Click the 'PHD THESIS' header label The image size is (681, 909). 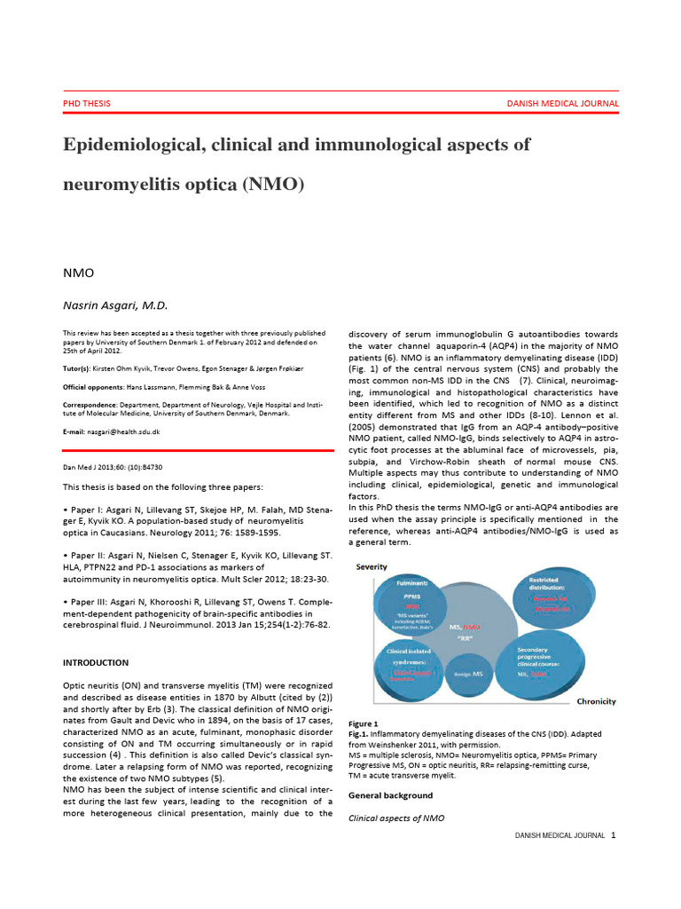tap(86, 103)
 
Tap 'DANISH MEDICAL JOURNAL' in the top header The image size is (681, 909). tap(562, 103)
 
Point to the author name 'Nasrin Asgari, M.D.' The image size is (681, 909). tap(114, 305)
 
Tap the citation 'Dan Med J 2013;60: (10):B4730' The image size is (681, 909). tap(113, 467)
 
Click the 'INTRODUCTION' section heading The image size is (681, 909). tap(95, 662)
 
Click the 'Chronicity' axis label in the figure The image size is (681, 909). tap(596, 701)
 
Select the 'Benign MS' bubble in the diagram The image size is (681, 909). tap(470, 676)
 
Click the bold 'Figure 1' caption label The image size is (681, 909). tap(364, 723)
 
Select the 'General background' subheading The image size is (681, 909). tap(391, 795)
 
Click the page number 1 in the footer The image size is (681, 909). tap(613, 835)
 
